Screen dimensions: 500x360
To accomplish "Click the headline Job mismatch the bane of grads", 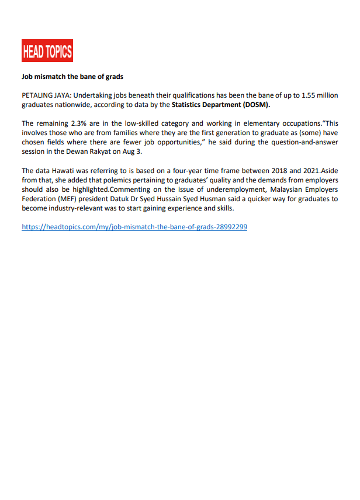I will [72, 77].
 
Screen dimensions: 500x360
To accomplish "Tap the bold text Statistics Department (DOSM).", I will [221, 105].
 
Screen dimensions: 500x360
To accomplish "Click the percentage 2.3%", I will [78, 124].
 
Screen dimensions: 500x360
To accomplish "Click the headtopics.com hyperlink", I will [134, 227].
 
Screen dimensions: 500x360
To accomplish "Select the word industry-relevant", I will [81, 208].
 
